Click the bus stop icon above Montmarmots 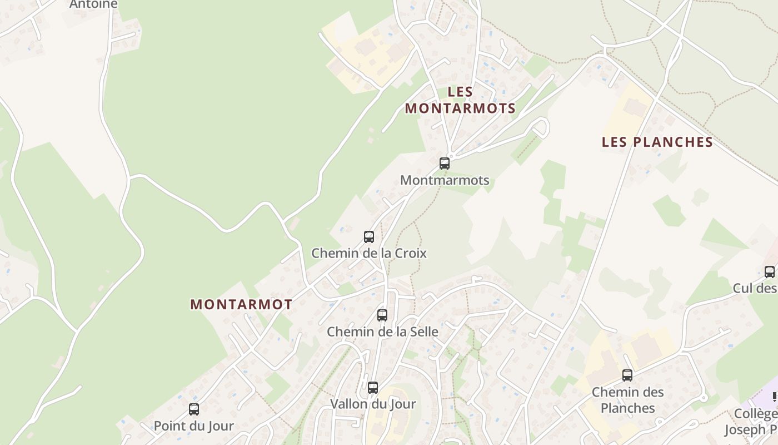pyautogui.click(x=445, y=164)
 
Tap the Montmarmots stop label pyautogui.click(x=445, y=180)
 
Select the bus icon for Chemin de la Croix pyautogui.click(x=369, y=237)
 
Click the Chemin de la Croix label pyautogui.click(x=369, y=253)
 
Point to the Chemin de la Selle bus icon pyautogui.click(x=382, y=315)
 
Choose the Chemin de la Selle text pyautogui.click(x=382, y=332)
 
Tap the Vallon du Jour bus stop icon pyautogui.click(x=373, y=388)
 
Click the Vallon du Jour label pyautogui.click(x=373, y=404)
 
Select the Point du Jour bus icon pyautogui.click(x=194, y=409)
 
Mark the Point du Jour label pyautogui.click(x=194, y=426)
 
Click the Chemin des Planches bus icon pyautogui.click(x=627, y=375)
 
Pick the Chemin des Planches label pyautogui.click(x=628, y=400)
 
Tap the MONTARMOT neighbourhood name pyautogui.click(x=241, y=305)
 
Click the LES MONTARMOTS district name pyautogui.click(x=460, y=100)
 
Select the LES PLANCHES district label pyautogui.click(x=657, y=142)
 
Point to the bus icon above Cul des pyautogui.click(x=770, y=272)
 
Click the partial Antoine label pyautogui.click(x=93, y=4)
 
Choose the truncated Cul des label pyautogui.click(x=755, y=288)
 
